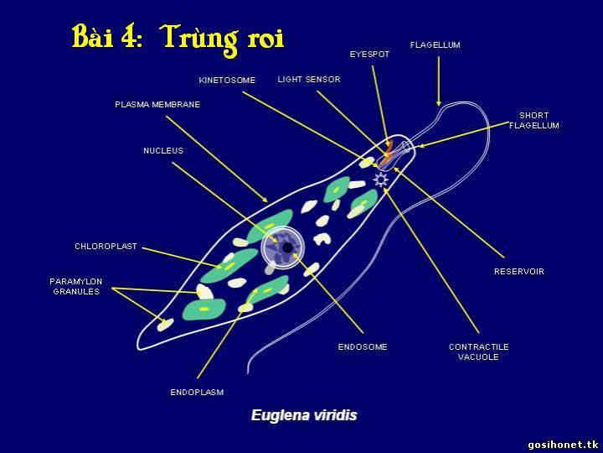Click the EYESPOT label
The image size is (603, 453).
[369, 55]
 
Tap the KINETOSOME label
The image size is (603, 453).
[227, 81]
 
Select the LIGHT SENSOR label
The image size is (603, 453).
[309, 80]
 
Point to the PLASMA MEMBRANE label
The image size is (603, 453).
[157, 104]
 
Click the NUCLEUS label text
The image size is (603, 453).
[163, 151]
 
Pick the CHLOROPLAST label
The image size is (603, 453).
[106, 246]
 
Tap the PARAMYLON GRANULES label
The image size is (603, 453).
[76, 287]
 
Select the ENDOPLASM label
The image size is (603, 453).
[197, 392]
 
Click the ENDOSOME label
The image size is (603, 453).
[363, 346]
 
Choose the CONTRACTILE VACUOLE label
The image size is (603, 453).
[479, 351]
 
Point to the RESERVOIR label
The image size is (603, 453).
[519, 272]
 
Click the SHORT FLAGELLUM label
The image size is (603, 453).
[534, 120]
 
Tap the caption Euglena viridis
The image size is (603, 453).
[304, 415]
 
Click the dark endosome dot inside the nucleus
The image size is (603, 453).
[287, 247]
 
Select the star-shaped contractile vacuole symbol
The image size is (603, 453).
[380, 180]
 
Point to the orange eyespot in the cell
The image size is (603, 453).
[386, 154]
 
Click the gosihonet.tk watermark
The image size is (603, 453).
[563, 445]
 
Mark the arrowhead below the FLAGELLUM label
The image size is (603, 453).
[438, 103]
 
